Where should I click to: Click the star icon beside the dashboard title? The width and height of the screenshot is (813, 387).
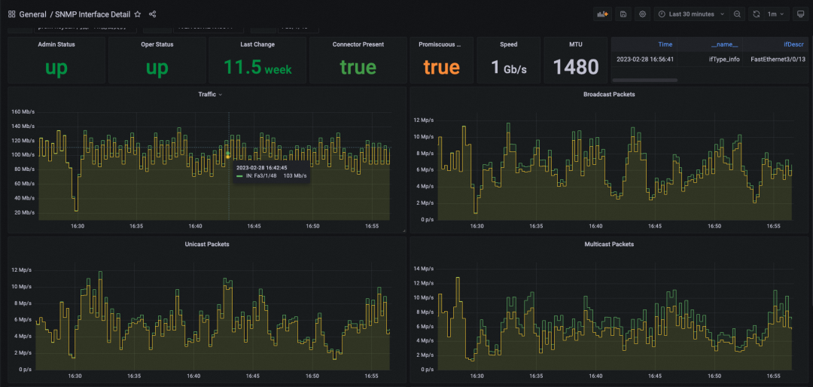point(137,14)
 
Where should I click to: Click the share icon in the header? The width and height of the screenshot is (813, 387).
point(153,14)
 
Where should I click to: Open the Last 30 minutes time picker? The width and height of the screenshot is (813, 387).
point(691,14)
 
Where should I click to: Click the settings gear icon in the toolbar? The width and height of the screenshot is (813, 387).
point(642,14)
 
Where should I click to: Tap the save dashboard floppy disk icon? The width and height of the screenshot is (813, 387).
point(623,14)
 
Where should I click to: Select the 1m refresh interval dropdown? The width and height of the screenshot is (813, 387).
point(777,14)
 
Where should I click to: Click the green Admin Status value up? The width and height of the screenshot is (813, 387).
point(56,68)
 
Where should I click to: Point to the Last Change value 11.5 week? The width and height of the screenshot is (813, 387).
point(257,68)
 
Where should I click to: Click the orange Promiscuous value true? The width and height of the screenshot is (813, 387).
point(441,68)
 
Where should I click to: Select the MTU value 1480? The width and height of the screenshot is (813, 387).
point(576,68)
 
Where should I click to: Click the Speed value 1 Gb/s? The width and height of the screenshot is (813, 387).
point(508,68)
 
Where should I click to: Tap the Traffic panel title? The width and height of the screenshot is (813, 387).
point(207,94)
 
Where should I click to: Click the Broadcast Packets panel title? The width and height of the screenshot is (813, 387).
point(609,94)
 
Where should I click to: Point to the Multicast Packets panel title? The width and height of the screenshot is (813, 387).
point(609,244)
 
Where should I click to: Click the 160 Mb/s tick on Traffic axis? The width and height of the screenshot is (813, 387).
point(23,112)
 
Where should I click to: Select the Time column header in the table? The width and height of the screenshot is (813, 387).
point(665,44)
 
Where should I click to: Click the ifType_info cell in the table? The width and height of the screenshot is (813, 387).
point(723,59)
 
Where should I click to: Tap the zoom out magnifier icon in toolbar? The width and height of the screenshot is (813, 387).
point(737,14)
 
